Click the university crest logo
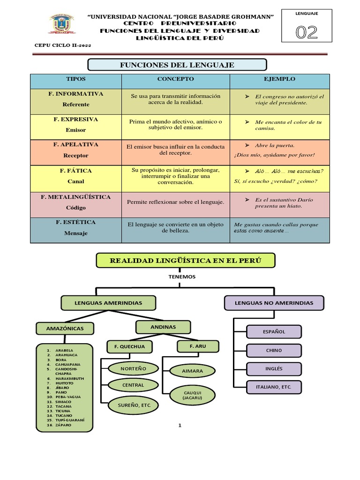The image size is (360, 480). [x=62, y=23]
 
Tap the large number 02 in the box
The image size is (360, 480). [x=307, y=32]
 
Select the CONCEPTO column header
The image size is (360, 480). [x=175, y=79]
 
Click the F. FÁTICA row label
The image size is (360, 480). [x=75, y=171]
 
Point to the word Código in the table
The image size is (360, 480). [x=75, y=208]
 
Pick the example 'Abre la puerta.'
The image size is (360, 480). [x=275, y=145]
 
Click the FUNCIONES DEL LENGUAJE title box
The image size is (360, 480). [x=177, y=65]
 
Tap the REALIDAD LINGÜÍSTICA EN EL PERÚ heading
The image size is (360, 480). [x=186, y=261]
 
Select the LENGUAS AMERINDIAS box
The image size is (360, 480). [x=108, y=303]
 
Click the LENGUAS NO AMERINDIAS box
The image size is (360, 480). [x=274, y=303]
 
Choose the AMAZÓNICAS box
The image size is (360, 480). [x=65, y=329]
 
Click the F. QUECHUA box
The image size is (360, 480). [x=129, y=346]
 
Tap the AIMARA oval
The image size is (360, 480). [x=192, y=371]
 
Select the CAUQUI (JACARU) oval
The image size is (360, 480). [x=192, y=395]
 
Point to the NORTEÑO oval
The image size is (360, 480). [x=134, y=368]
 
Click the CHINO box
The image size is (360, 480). [x=274, y=351]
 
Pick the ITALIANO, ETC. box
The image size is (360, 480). [x=274, y=387]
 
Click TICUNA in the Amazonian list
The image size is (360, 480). [x=63, y=411]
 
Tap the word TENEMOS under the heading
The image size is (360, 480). [x=182, y=277]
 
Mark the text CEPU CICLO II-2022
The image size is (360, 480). [x=63, y=45]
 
